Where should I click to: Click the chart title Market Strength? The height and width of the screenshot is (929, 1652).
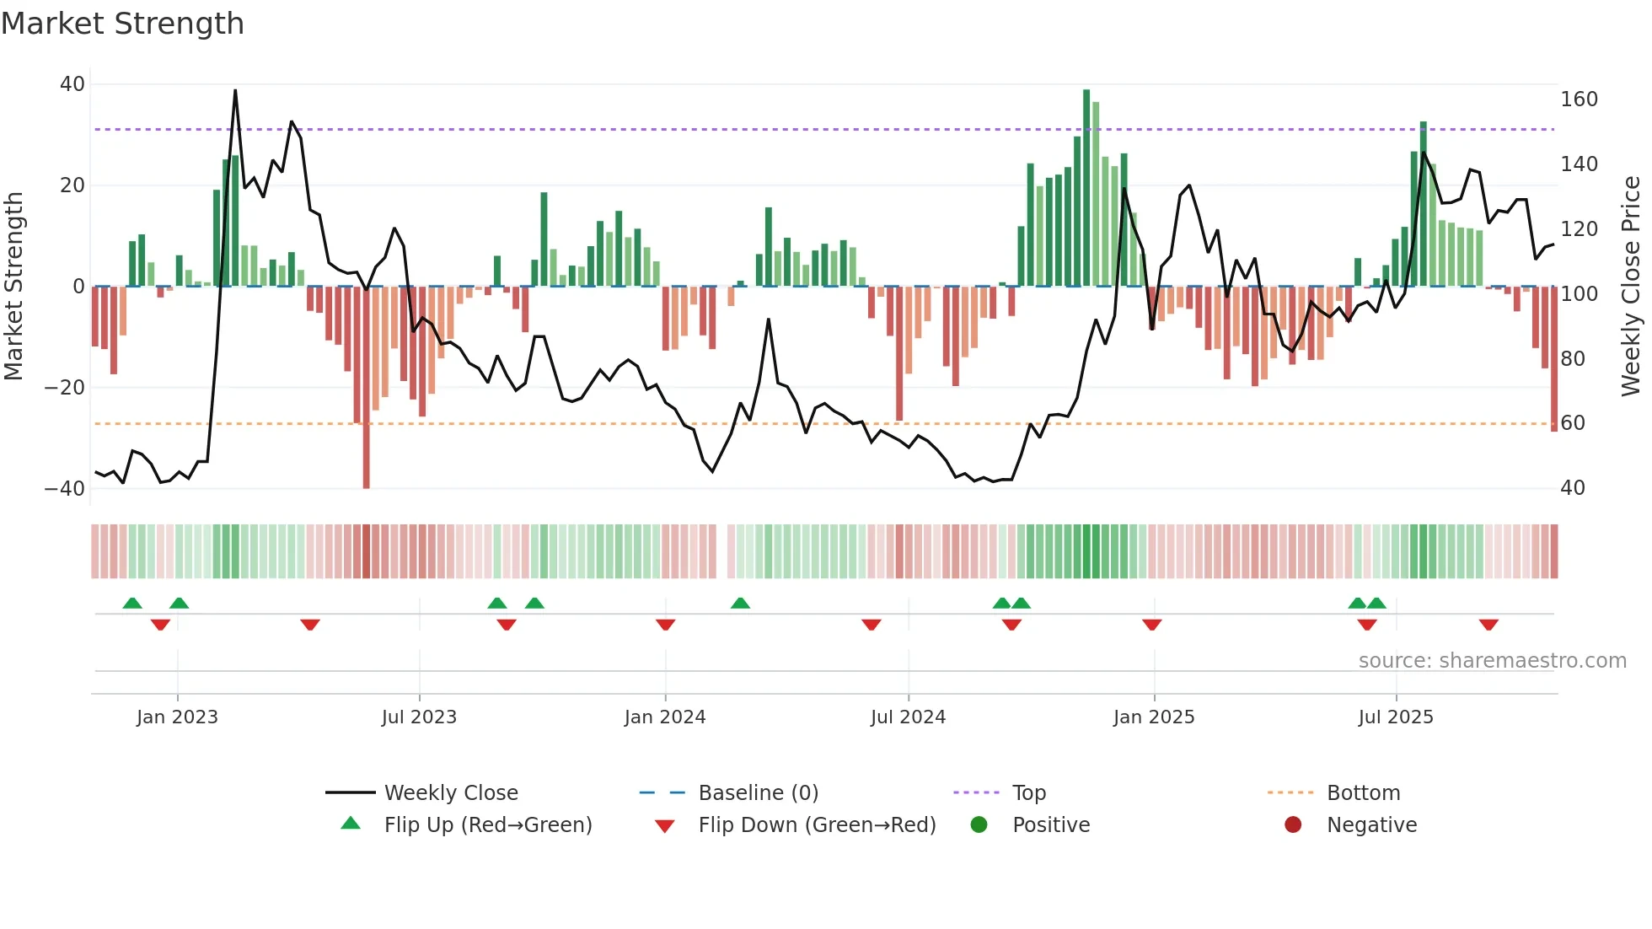point(122,24)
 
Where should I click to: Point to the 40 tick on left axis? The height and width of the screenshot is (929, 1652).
point(72,84)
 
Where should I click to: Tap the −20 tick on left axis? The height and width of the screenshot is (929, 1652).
point(65,388)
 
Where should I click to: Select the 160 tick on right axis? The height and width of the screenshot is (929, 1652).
point(1579,99)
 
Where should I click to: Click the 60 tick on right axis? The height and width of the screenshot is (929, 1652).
point(1573,423)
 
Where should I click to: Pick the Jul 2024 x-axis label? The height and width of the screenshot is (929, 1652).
point(908,717)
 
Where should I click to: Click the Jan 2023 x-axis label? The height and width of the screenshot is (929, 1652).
point(177,717)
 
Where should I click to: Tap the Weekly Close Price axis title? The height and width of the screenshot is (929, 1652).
point(1631,287)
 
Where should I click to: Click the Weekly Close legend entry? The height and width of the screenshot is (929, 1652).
point(450,793)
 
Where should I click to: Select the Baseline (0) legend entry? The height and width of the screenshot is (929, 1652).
point(758,793)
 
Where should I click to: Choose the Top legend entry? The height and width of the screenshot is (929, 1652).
point(1028,793)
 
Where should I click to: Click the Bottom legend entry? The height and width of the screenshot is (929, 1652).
point(1363,793)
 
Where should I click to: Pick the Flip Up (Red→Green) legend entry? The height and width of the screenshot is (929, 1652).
point(487,825)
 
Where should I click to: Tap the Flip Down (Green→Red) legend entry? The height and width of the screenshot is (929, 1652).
point(816,825)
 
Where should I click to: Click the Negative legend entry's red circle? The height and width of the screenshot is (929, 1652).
point(1293,824)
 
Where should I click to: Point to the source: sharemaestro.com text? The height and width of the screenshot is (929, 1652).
point(1492,661)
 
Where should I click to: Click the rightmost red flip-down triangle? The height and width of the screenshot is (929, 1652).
point(1488,625)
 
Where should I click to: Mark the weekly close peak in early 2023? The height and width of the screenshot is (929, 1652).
point(235,90)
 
